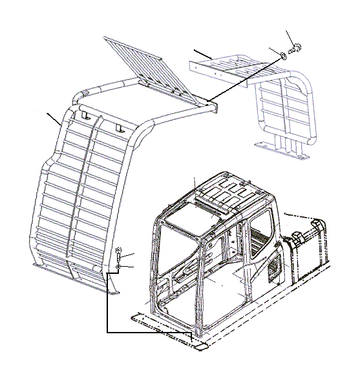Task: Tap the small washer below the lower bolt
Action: click(119, 267)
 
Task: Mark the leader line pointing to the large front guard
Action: click(54, 118)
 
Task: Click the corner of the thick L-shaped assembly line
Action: click(107, 332)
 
